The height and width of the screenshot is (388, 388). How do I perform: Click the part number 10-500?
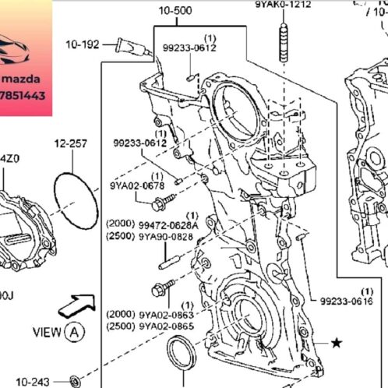click(x=175, y=12)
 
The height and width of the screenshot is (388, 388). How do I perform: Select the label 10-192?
click(x=82, y=44)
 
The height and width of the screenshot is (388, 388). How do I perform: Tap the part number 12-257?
click(x=69, y=144)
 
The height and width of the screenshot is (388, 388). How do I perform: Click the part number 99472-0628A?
click(x=168, y=224)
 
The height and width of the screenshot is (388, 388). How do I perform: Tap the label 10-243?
click(x=32, y=381)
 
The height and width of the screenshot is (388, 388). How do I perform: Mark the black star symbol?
click(x=337, y=342)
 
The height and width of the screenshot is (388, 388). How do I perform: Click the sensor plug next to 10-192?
click(x=127, y=44)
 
